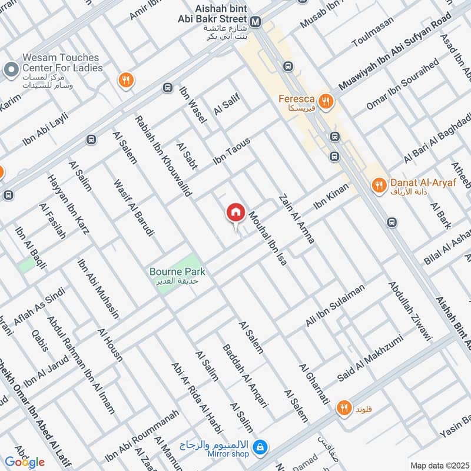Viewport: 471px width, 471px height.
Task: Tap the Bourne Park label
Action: [x=177, y=272]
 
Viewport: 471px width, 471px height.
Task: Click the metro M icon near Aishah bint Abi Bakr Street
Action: [x=256, y=22]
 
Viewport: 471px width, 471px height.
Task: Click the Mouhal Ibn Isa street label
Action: [x=268, y=238]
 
